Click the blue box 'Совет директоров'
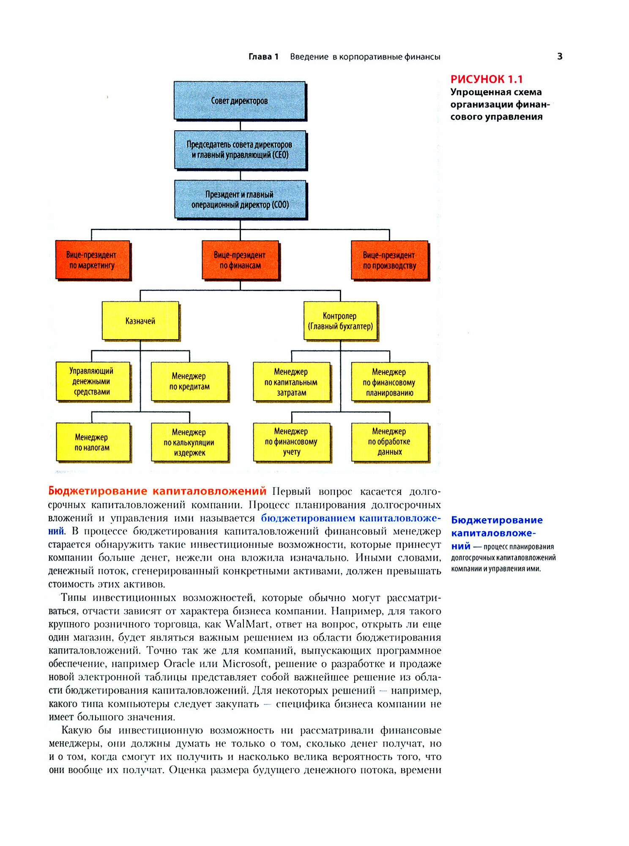[239, 101]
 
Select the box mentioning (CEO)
[240, 150]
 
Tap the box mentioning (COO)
[240, 199]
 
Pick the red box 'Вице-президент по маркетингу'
[92, 260]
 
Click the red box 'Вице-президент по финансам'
[240, 260]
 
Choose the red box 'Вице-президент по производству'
[389, 260]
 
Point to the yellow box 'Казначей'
[140, 321]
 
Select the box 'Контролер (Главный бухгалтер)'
[340, 321]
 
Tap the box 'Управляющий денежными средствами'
[92, 381]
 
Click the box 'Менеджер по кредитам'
[189, 381]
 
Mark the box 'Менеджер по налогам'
[92, 442]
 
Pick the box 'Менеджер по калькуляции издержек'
[189, 442]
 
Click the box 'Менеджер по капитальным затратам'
[291, 382]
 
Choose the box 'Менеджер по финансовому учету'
[291, 442]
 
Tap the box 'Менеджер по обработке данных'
[389, 442]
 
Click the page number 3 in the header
[560, 56]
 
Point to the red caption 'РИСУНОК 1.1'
[487, 79]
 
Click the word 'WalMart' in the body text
[246, 624]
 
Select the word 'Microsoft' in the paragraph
[245, 664]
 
